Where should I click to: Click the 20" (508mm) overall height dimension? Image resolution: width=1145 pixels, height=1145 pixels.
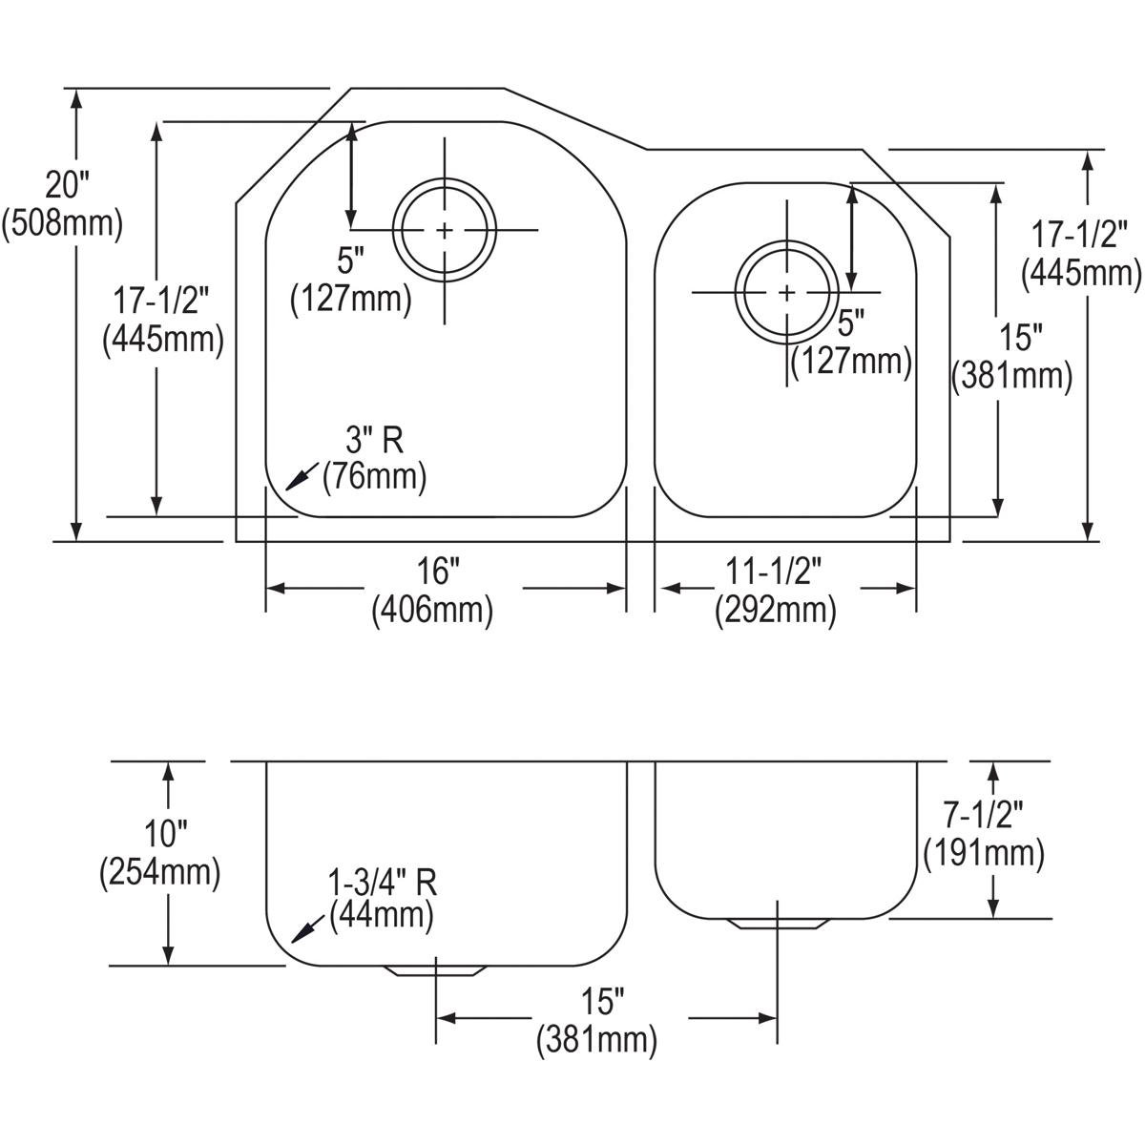[63, 202]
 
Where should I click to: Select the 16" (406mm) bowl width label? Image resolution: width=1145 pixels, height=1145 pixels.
[432, 591]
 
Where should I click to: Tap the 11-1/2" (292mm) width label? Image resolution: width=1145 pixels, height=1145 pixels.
[775, 591]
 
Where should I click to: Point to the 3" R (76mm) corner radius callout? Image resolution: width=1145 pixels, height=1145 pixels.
[374, 458]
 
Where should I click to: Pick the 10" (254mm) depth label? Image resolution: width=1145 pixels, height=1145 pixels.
[159, 853]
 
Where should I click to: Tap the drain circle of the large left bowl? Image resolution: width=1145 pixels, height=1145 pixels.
[445, 230]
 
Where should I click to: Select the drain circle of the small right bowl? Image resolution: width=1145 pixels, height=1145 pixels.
[786, 292]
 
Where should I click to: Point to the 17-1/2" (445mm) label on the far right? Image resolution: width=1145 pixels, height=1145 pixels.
[1080, 254]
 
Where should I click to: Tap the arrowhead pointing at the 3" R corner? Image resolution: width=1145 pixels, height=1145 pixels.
[296, 479]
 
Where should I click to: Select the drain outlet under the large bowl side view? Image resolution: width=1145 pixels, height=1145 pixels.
[435, 969]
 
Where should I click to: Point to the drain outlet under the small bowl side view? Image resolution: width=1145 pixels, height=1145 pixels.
[777, 924]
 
